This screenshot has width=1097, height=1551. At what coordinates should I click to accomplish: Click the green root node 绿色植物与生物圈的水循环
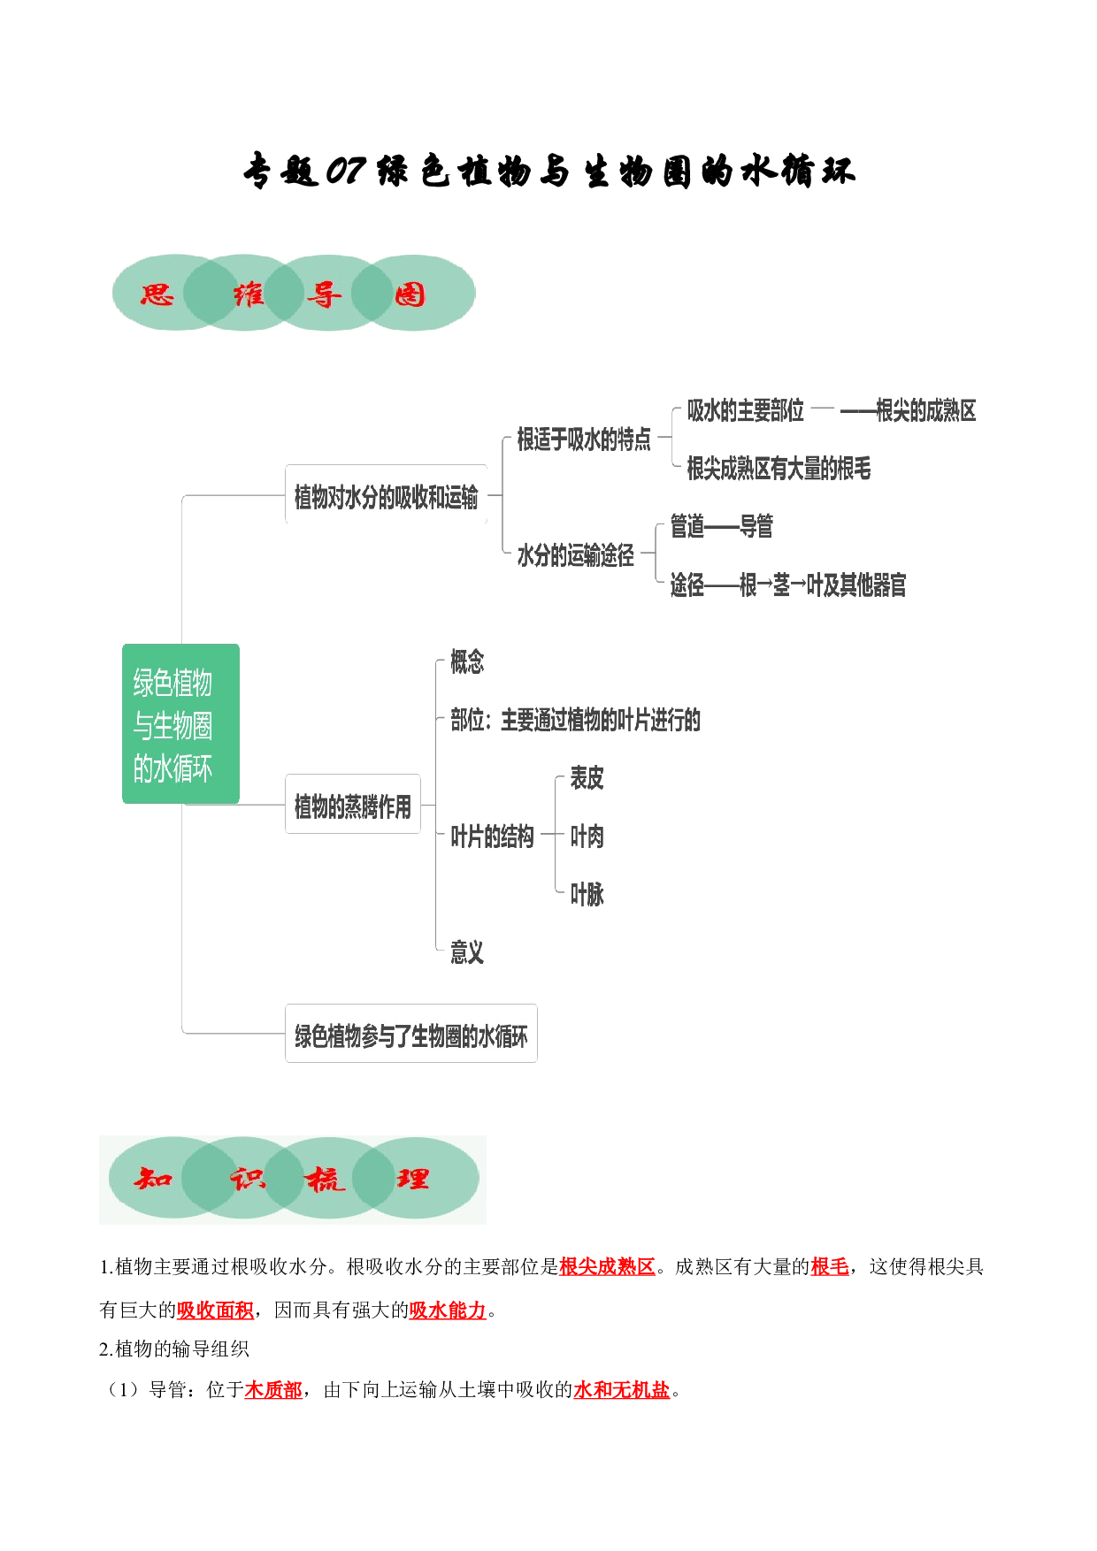[180, 723]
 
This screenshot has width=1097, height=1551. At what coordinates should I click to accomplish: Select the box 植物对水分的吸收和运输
[386, 495]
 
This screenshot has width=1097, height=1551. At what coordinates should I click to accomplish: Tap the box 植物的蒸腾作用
[353, 804]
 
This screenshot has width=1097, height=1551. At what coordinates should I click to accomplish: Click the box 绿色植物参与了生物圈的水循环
[411, 1034]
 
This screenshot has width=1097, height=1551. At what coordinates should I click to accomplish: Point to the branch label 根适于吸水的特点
[584, 439]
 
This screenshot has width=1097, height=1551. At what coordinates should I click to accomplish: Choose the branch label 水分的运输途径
[576, 554]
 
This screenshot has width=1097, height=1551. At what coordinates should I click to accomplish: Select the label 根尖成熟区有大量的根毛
[779, 468]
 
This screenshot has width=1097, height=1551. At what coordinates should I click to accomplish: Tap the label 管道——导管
[721, 526]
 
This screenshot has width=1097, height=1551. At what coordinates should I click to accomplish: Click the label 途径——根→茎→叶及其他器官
[788, 584]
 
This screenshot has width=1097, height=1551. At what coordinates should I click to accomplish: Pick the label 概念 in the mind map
[467, 661]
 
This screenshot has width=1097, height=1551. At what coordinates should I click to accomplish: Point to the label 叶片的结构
[492, 836]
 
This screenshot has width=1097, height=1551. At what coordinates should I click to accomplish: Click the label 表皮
[587, 778]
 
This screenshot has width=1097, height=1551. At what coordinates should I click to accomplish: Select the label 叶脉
[587, 894]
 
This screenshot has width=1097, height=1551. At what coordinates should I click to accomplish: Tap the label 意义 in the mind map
[467, 952]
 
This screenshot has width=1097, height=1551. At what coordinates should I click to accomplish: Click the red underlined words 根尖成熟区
[607, 1266]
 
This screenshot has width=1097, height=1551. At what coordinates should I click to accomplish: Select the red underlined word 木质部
[273, 1389]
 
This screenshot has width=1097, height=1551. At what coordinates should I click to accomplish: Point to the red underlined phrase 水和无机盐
[622, 1389]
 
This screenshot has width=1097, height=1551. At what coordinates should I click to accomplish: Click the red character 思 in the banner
[157, 294]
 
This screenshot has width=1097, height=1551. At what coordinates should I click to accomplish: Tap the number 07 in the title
[345, 171]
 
